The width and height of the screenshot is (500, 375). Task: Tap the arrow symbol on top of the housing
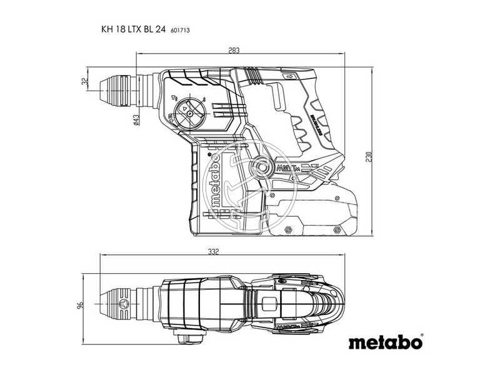[x=290, y=77]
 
